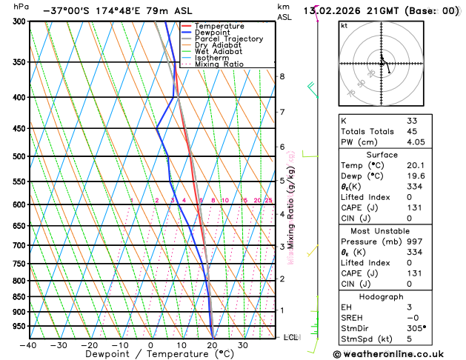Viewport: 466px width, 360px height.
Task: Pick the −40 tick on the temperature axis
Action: (29, 345)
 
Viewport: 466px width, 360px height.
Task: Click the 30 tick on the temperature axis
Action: (242, 345)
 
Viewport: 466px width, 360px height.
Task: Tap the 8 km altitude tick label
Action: (282, 76)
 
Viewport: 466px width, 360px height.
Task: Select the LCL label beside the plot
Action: (291, 337)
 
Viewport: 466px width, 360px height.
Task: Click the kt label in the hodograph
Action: (344, 25)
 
